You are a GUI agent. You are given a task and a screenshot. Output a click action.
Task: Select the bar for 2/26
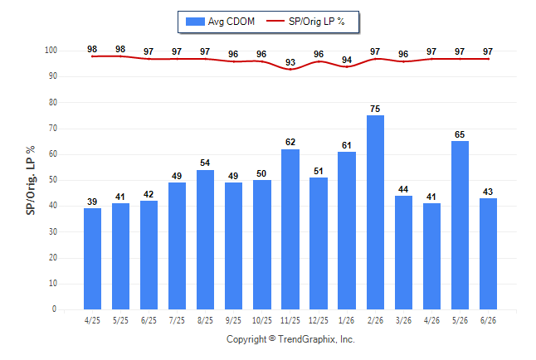(x=375, y=212)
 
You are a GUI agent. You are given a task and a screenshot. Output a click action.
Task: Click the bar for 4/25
(x=92, y=259)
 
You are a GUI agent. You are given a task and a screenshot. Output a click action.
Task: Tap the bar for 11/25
(x=290, y=230)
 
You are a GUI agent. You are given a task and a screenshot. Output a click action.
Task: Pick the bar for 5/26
(x=460, y=226)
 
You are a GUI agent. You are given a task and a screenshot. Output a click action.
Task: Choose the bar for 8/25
(x=205, y=240)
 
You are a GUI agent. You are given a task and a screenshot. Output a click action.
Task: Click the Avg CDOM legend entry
(x=220, y=22)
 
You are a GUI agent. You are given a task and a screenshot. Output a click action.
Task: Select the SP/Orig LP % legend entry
(x=305, y=22)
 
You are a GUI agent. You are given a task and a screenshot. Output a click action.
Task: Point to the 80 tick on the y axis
(x=52, y=102)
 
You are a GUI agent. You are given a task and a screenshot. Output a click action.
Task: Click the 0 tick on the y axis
(x=55, y=309)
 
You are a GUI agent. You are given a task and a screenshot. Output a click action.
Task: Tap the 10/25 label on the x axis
(x=262, y=320)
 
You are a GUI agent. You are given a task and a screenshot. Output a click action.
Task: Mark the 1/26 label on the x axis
(x=347, y=320)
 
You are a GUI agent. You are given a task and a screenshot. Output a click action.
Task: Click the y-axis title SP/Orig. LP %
(x=31, y=181)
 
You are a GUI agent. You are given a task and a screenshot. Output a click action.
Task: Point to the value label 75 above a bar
(x=375, y=109)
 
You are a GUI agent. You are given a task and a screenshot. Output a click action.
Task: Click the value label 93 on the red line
(x=290, y=62)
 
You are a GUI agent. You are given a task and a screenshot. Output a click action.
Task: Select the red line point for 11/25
(x=290, y=70)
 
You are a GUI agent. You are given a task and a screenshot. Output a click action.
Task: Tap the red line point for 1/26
(x=347, y=66)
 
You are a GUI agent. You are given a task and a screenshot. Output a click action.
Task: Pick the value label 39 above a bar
(x=92, y=202)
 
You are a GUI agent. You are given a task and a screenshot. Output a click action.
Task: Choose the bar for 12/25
(x=319, y=243)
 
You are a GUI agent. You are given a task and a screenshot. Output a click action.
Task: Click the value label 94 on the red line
(x=347, y=60)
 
